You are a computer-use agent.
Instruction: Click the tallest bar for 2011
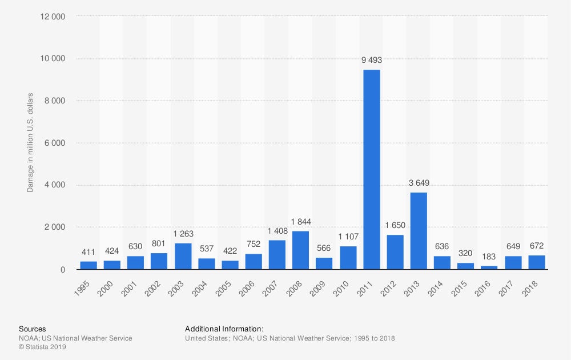click(372, 170)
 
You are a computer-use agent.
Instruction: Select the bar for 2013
click(419, 231)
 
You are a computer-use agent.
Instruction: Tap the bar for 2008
click(300, 250)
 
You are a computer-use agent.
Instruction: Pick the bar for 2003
click(183, 256)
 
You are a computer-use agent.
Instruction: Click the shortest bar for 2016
click(489, 267)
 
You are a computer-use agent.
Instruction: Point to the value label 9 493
click(372, 60)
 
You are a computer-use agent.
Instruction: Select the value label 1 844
click(300, 222)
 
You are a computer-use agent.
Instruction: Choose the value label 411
click(89, 251)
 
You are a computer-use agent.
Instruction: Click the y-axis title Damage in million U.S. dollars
click(30, 142)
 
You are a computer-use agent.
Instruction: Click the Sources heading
click(33, 329)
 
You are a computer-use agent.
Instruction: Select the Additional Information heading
click(224, 329)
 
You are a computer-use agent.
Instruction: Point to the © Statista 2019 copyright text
click(43, 347)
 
